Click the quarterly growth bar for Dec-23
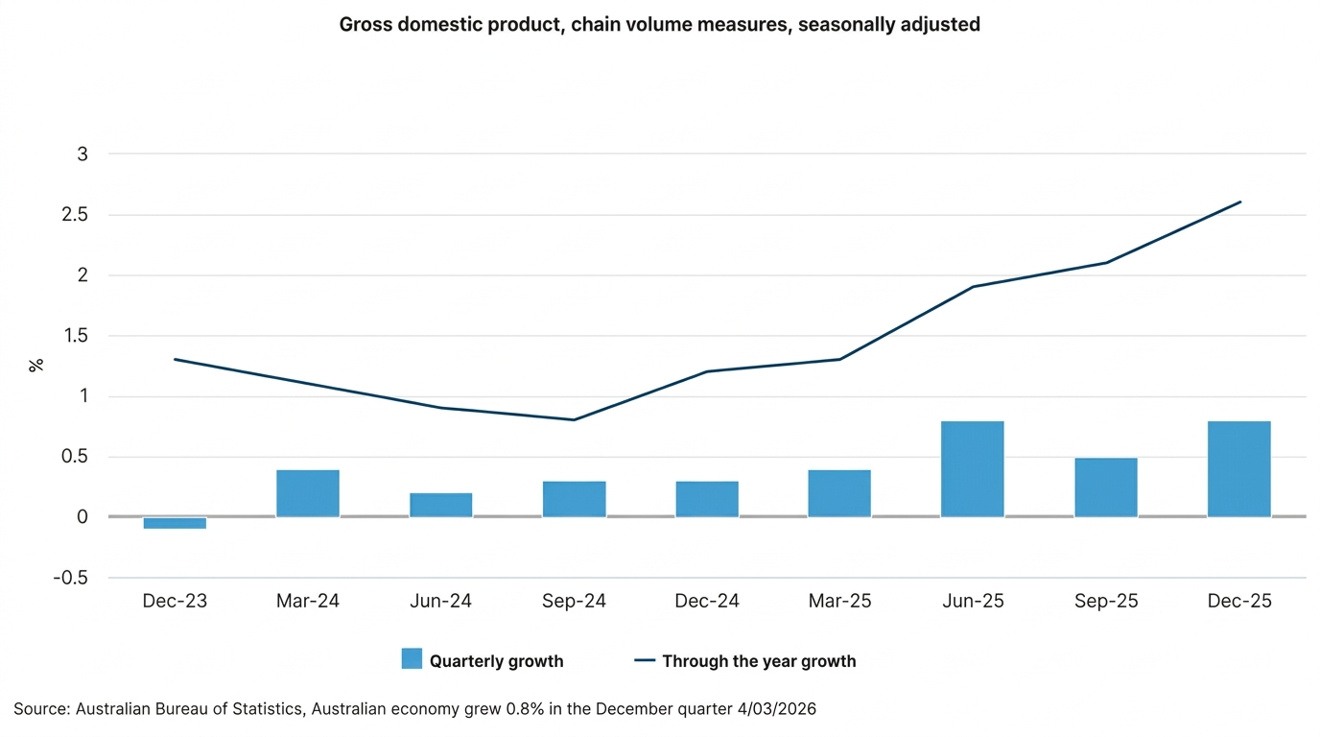(175, 523)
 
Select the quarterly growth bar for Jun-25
(973, 469)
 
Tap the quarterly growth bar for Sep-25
(1106, 487)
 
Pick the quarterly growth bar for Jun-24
(440, 505)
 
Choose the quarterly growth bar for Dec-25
(1239, 469)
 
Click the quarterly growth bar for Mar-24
(308, 493)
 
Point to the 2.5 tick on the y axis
(74, 215)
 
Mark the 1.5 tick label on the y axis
(74, 336)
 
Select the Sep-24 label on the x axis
(574, 602)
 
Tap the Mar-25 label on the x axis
(840, 602)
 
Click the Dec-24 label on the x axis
(707, 602)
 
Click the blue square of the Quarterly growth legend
(412, 659)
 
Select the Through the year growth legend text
(759, 661)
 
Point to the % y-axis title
(36, 366)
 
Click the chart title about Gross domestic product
(660, 25)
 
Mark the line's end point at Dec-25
(1240, 202)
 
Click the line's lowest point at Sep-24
(574, 419)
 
